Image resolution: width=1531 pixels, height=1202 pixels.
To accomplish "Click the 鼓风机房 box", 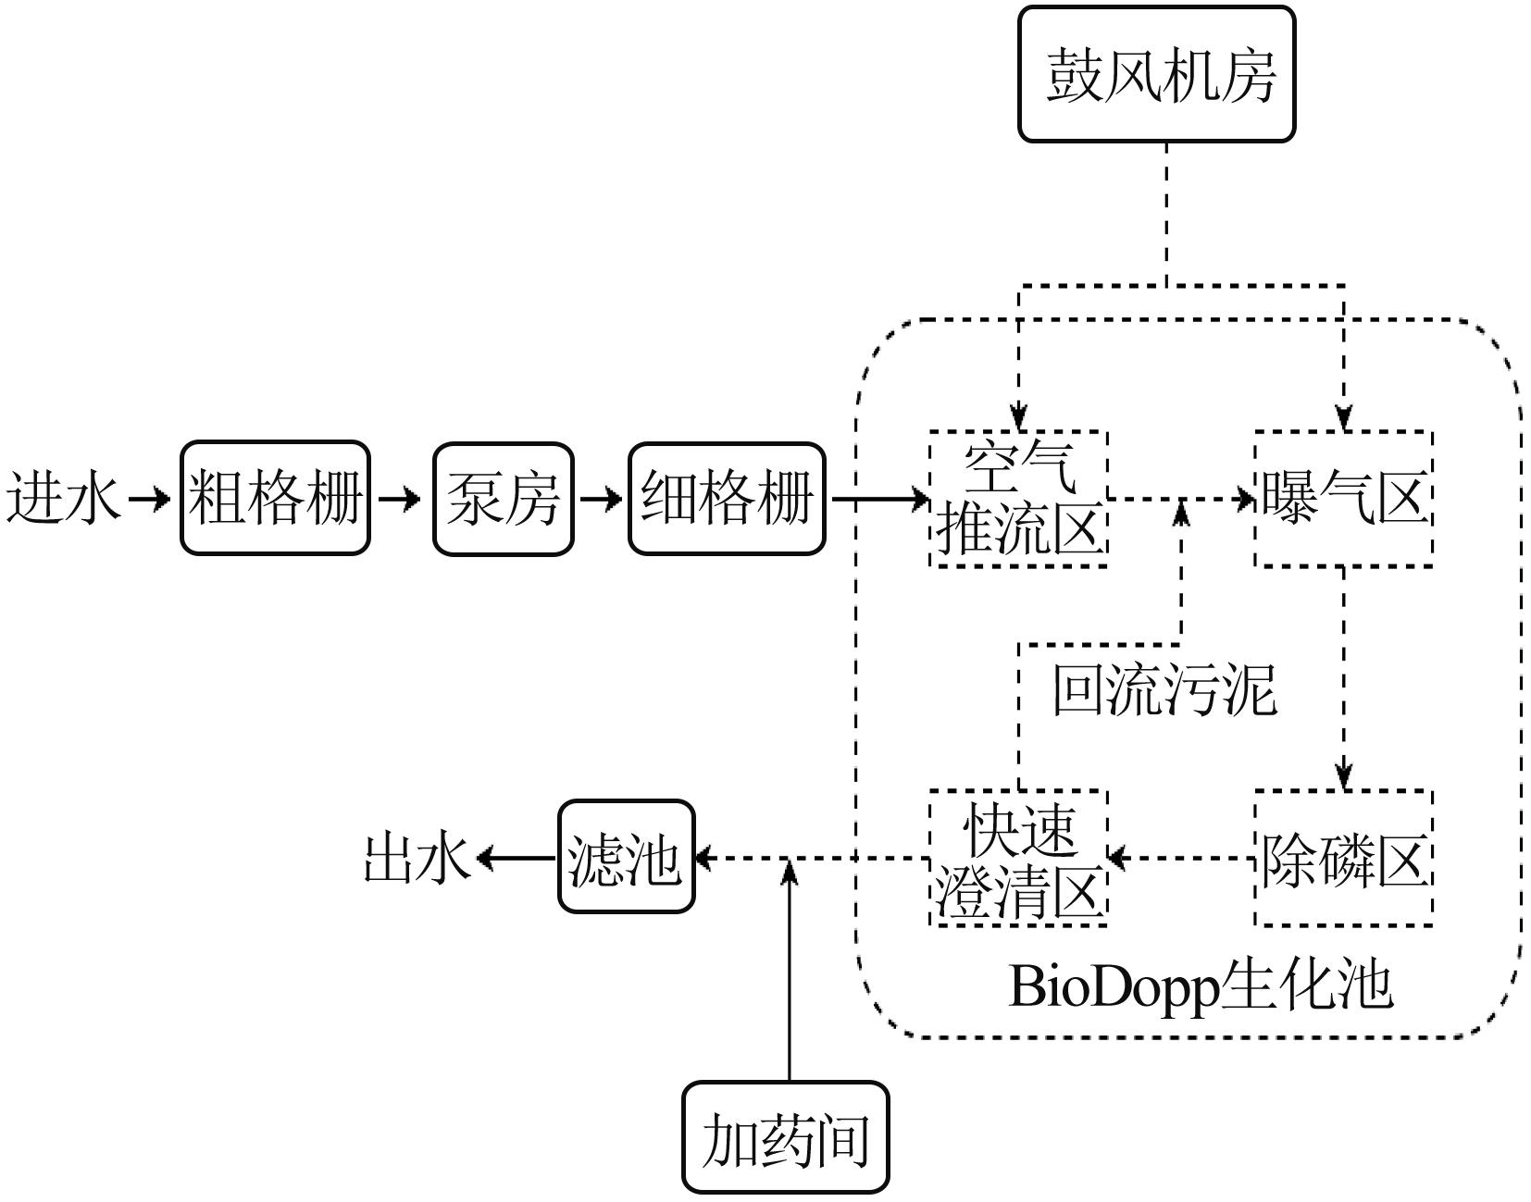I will tap(1156, 74).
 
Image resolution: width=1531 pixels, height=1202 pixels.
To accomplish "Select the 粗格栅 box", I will tap(275, 499).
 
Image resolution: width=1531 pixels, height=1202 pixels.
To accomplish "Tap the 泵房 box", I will tap(504, 499).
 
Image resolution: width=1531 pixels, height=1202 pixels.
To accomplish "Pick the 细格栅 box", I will tap(727, 499).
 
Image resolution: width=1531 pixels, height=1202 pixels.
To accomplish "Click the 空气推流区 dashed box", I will tap(1018, 499).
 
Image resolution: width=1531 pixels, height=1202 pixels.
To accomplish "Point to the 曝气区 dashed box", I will tap(1343, 499).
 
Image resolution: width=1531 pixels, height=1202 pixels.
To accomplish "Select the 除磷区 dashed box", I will tap(1343, 858).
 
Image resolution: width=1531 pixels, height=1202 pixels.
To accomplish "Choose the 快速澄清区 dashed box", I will tap(1018, 858).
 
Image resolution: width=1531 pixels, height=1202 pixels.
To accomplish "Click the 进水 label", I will tap(63, 499).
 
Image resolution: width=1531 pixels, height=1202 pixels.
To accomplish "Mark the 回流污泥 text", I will tap(1164, 690).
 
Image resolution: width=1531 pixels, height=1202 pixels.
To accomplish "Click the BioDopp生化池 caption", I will tap(1200, 986).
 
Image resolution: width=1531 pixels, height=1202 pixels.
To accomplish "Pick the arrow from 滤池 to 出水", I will tap(517, 859).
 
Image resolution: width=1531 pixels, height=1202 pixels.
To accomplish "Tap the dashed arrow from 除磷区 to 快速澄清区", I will tap(1181, 859).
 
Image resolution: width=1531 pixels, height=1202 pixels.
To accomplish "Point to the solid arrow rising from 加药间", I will tap(789, 972).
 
